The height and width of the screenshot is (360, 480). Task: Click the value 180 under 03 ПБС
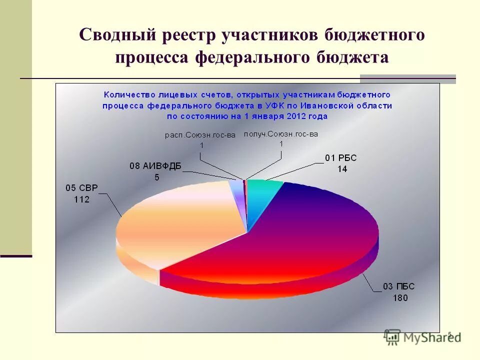[400, 298]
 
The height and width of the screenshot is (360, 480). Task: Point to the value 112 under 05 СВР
[80, 199]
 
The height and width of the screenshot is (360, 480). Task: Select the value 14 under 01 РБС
[342, 169]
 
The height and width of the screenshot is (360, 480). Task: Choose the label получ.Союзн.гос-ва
[281, 133]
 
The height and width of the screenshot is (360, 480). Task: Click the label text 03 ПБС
[399, 286]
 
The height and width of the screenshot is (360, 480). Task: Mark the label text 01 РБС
[341, 158]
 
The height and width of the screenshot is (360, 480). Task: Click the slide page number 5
[449, 334]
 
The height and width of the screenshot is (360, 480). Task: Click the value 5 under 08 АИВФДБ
[157, 177]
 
